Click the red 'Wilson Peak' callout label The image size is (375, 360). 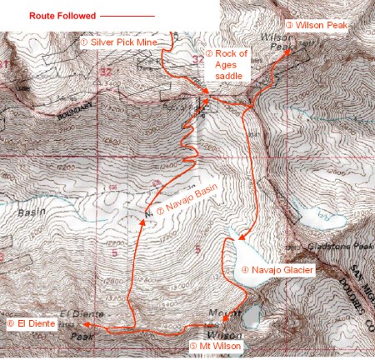(319, 26)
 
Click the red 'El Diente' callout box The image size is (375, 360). (31, 325)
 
